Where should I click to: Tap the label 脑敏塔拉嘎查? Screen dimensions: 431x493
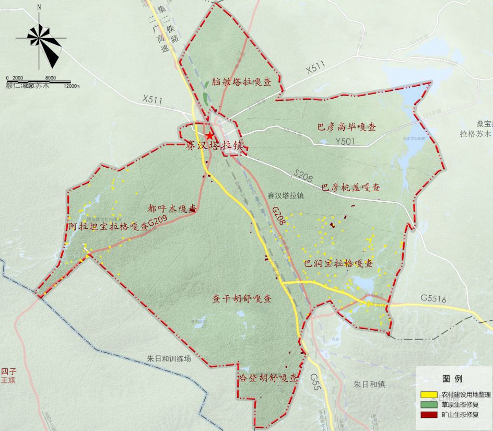click(x=241, y=82)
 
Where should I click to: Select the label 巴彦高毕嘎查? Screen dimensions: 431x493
click(x=347, y=127)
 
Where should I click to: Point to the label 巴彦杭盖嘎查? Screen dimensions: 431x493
click(x=350, y=187)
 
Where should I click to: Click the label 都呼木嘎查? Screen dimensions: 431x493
click(x=172, y=208)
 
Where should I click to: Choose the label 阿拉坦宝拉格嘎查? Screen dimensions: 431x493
click(x=109, y=226)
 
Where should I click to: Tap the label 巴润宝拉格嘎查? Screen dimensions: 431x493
click(x=338, y=263)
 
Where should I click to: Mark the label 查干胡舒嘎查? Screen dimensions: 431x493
click(x=241, y=299)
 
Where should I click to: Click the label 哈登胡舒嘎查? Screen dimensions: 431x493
click(x=267, y=377)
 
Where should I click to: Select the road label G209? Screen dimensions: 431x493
click(x=157, y=222)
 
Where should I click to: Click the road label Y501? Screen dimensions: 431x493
click(x=345, y=141)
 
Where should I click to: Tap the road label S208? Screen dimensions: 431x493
click(x=302, y=174)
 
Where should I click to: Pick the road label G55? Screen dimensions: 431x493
click(x=314, y=377)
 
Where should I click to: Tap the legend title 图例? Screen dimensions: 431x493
click(x=452, y=378)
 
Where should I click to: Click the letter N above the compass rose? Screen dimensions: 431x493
click(x=40, y=7)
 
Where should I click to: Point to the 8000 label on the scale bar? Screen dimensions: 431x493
click(x=51, y=78)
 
